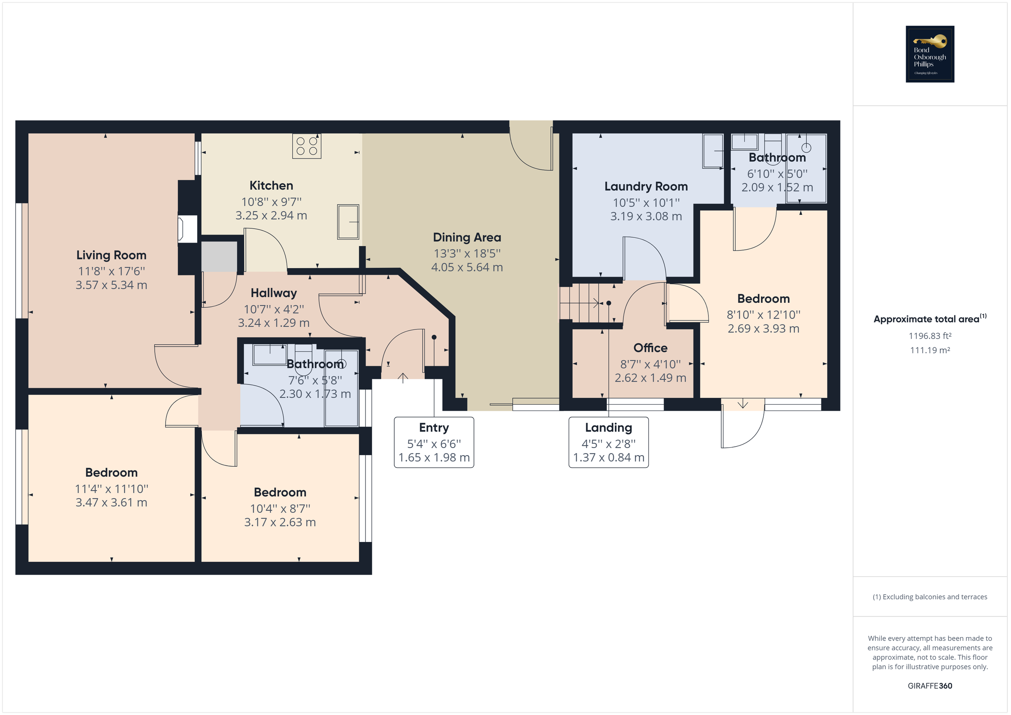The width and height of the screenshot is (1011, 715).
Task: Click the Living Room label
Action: [111, 255]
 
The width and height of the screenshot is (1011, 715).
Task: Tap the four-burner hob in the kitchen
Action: [307, 146]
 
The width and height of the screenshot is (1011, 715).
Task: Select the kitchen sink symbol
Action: [348, 221]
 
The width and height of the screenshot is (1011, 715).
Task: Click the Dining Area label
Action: [467, 237]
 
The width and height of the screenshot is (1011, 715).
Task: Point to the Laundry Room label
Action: [646, 187]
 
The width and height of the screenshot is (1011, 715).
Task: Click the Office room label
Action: [650, 348]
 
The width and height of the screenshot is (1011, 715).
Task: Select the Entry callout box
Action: [434, 442]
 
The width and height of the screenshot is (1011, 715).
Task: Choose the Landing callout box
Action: [609, 442]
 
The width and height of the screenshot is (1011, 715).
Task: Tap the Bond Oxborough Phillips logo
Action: [930, 54]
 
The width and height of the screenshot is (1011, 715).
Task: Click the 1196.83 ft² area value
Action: [930, 336]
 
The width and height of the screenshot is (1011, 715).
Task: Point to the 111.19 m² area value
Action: [930, 350]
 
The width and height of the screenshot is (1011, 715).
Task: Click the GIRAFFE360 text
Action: [930, 686]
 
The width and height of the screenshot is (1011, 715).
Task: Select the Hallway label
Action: [273, 293]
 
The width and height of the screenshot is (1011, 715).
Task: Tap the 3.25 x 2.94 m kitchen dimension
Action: [271, 216]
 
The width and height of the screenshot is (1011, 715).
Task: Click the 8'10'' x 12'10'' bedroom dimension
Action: [764, 315]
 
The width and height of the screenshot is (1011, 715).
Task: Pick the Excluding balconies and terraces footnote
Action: [930, 597]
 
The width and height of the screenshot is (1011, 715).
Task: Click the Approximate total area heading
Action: [930, 319]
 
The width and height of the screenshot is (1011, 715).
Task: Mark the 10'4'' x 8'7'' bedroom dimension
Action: [280, 509]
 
